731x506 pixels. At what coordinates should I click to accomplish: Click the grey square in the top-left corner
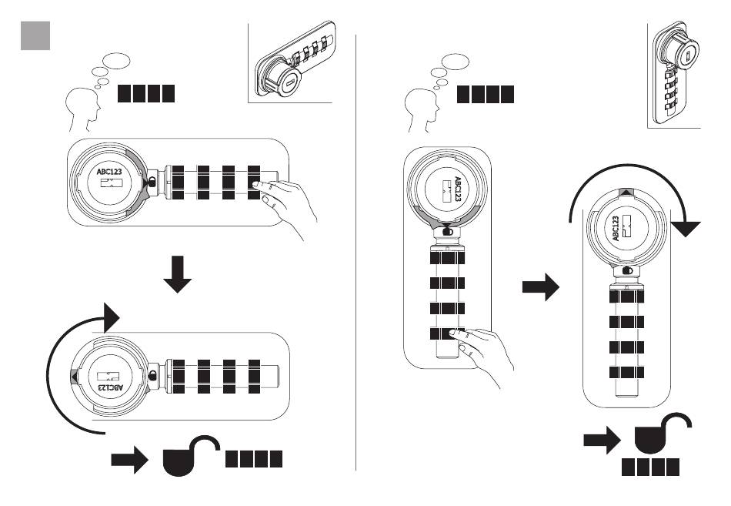[x=35, y=35]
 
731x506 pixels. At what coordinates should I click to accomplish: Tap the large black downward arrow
[x=178, y=274]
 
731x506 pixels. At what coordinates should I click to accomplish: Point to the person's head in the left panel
[x=82, y=107]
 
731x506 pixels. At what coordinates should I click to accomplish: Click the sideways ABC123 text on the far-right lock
[x=616, y=229]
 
